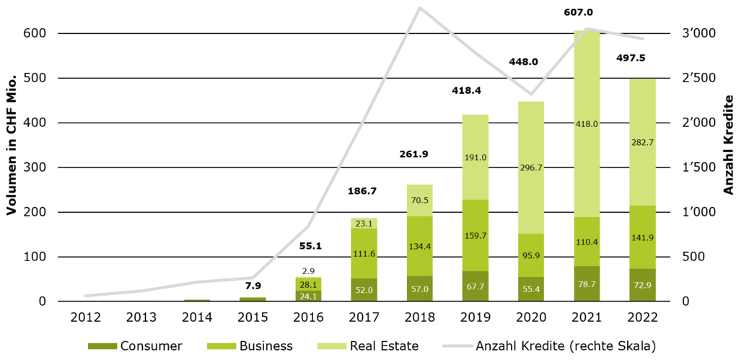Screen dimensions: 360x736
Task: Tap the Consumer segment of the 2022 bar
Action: coord(641,285)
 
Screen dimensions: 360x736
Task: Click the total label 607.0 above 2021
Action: coord(587,12)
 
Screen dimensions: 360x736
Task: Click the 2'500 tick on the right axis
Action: coord(698,78)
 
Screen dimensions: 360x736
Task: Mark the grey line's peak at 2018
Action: coord(421,8)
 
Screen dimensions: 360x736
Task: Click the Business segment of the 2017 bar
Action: coord(365,253)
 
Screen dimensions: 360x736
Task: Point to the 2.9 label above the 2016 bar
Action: coord(310,271)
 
